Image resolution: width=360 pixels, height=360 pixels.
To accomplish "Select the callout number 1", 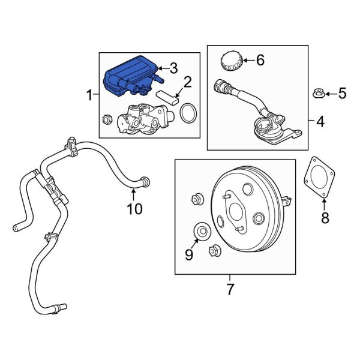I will pyautogui.click(x=89, y=95).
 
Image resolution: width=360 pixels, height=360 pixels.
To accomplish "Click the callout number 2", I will pyautogui.click(x=187, y=82).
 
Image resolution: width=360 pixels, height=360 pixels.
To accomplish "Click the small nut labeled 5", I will pyautogui.click(x=317, y=94).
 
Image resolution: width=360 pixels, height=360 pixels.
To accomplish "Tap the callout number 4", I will pyautogui.click(x=320, y=122).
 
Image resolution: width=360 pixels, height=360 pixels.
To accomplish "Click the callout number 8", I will pyautogui.click(x=325, y=218).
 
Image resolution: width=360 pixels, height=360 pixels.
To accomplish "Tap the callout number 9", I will pyautogui.click(x=190, y=256).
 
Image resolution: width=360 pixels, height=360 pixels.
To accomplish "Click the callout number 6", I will pyautogui.click(x=260, y=59).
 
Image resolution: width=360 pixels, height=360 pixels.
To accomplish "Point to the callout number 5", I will pyautogui.click(x=343, y=93).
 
